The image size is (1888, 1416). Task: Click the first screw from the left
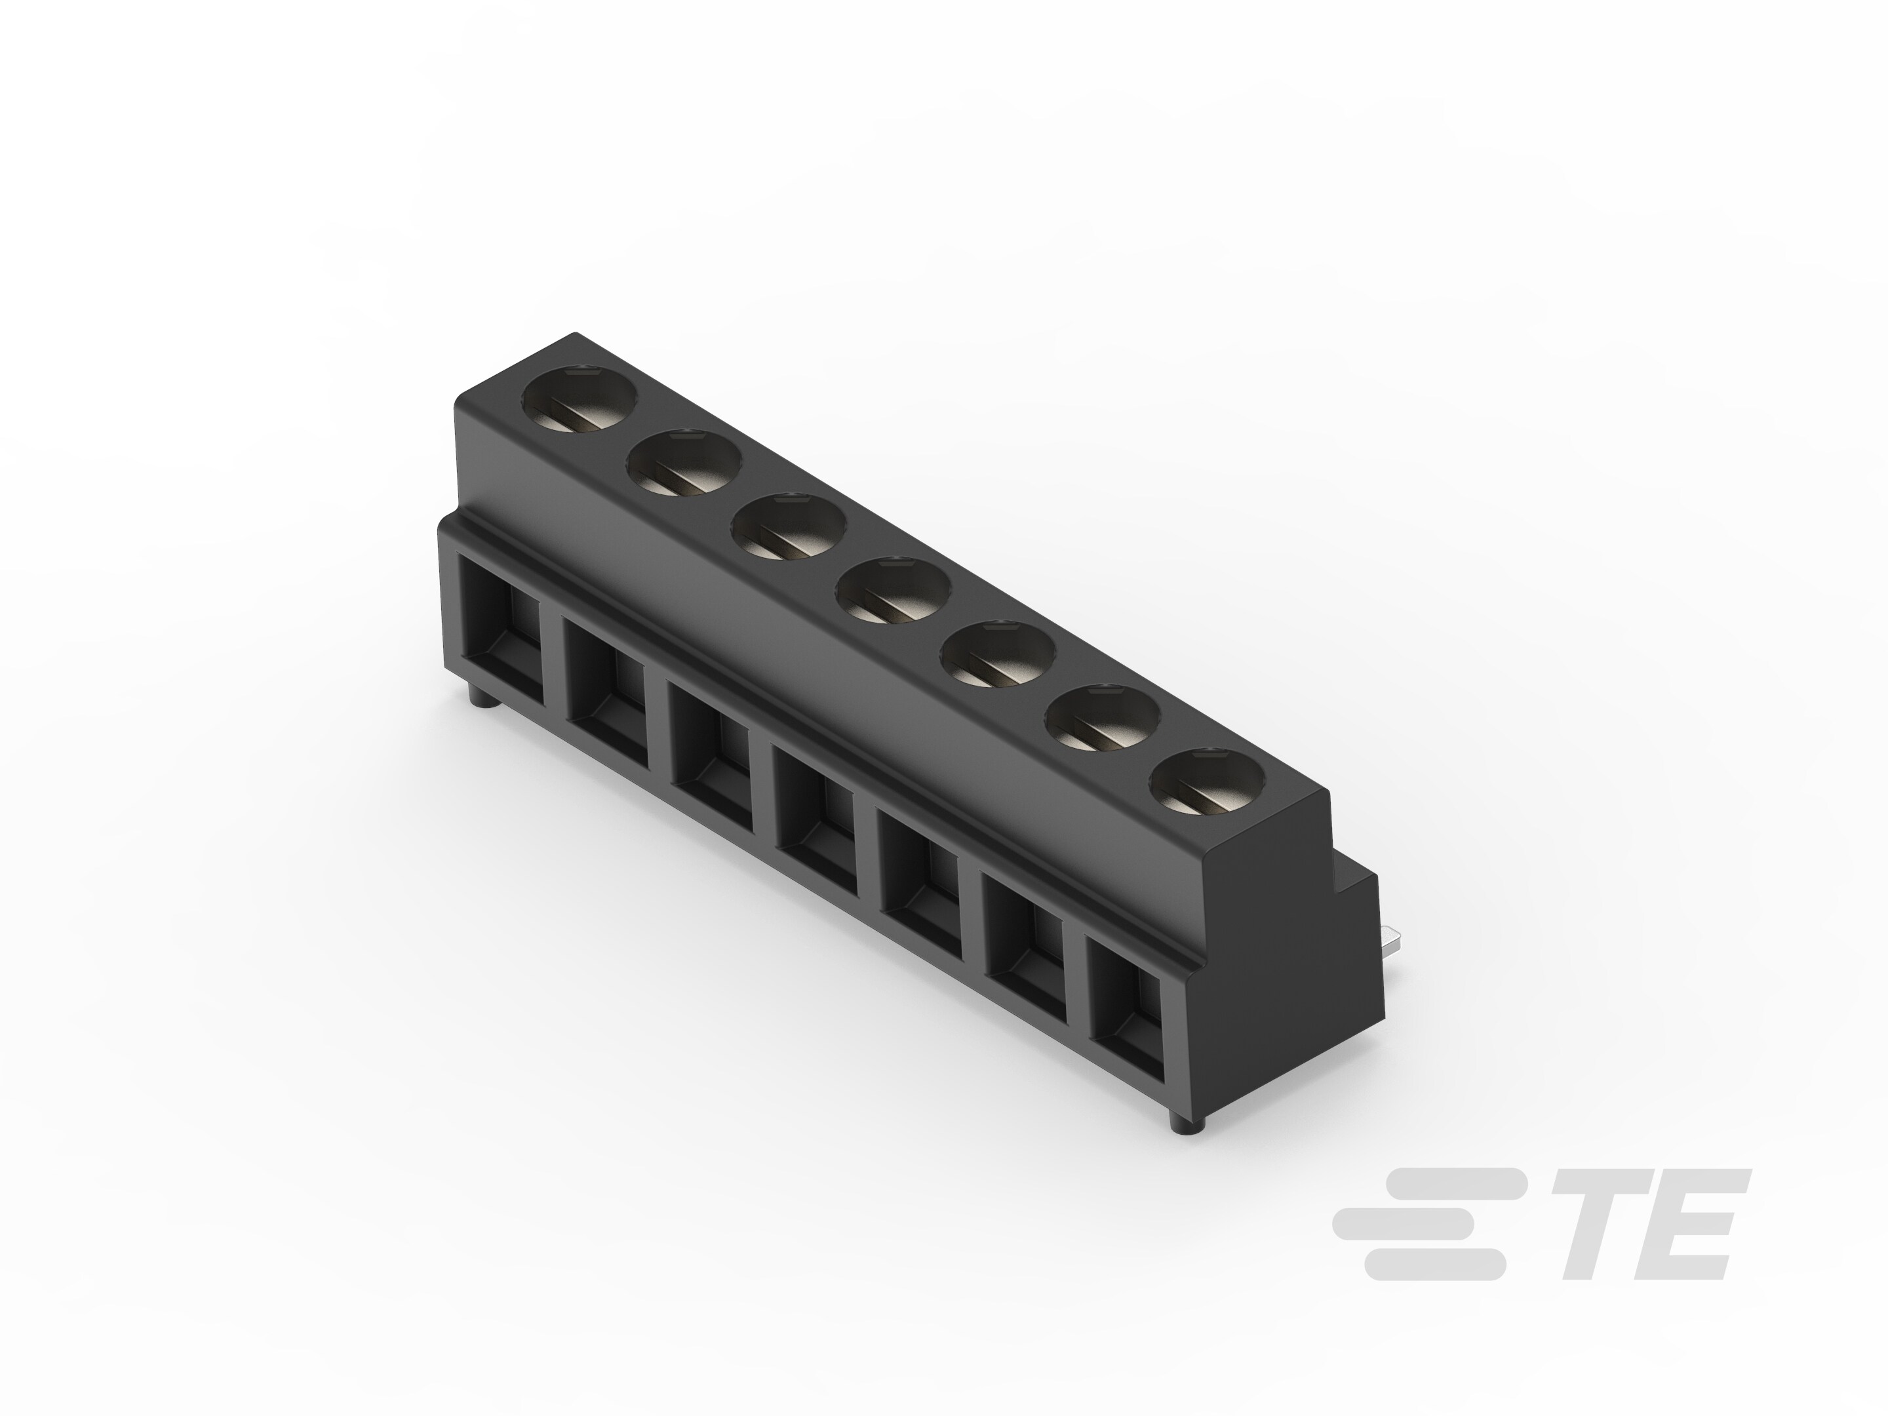(x=580, y=399)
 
